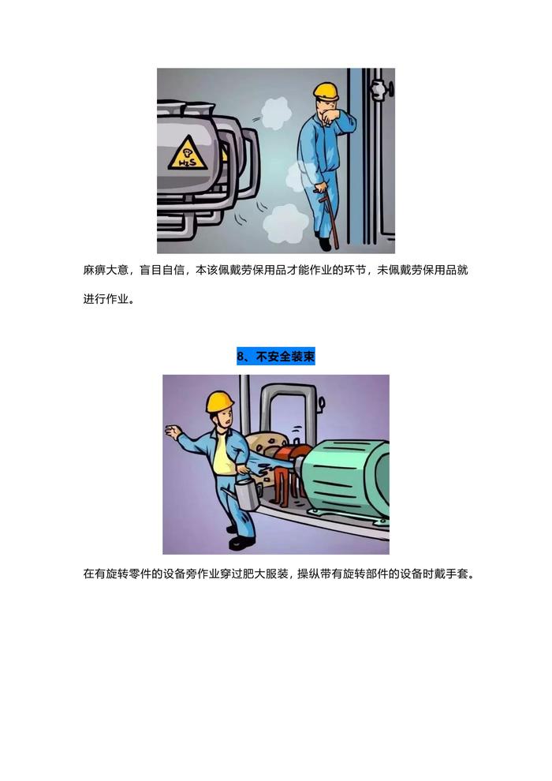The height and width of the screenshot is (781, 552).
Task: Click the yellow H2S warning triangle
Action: (x=188, y=153)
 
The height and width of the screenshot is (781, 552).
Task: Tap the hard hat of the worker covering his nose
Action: (x=326, y=91)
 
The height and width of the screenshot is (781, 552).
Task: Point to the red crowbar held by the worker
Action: (x=329, y=217)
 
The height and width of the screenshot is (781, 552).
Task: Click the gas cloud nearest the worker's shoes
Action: (x=285, y=222)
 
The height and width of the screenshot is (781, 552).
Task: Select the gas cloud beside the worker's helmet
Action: (x=276, y=113)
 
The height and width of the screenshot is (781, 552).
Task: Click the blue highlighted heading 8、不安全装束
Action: (x=276, y=357)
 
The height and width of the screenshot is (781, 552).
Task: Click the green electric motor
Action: (x=346, y=478)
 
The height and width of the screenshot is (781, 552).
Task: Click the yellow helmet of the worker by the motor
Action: (x=219, y=402)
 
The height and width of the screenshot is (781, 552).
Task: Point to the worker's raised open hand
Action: (x=173, y=432)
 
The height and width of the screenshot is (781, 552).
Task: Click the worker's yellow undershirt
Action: (x=223, y=457)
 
